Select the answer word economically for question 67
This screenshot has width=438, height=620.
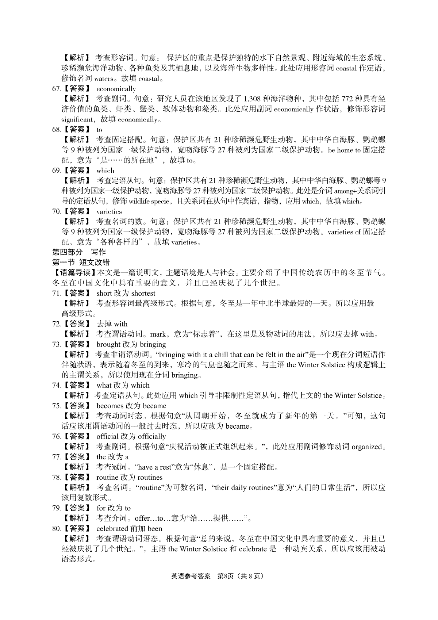[116, 89]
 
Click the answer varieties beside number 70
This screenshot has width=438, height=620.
[109, 211]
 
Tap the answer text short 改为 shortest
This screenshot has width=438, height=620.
[126, 293]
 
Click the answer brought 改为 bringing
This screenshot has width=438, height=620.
[131, 344]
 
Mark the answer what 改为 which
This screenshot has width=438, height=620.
[123, 385]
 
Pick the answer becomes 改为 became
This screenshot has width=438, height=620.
[131, 406]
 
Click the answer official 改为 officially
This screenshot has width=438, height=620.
[131, 436]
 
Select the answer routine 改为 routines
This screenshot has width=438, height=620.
[129, 477]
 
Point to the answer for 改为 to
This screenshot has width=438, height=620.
[113, 508]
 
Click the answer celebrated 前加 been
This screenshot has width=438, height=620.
[129, 528]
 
